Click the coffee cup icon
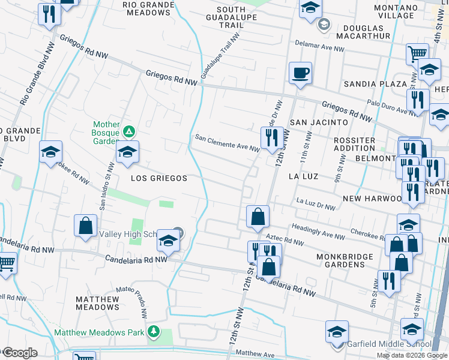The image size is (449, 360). (x=301, y=73)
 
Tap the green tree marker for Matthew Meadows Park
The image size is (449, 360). (x=154, y=331)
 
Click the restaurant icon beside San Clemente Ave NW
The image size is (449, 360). (x=273, y=137)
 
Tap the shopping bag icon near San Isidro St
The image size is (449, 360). (x=86, y=226)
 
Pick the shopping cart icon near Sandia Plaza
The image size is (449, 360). (x=417, y=54)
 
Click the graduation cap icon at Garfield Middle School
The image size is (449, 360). (x=337, y=332)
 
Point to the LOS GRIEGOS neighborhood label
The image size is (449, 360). (x=159, y=178)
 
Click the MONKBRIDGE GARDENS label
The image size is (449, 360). (x=345, y=261)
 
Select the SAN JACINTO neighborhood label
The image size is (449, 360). (x=319, y=122)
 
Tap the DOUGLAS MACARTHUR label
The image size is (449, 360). (x=363, y=33)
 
